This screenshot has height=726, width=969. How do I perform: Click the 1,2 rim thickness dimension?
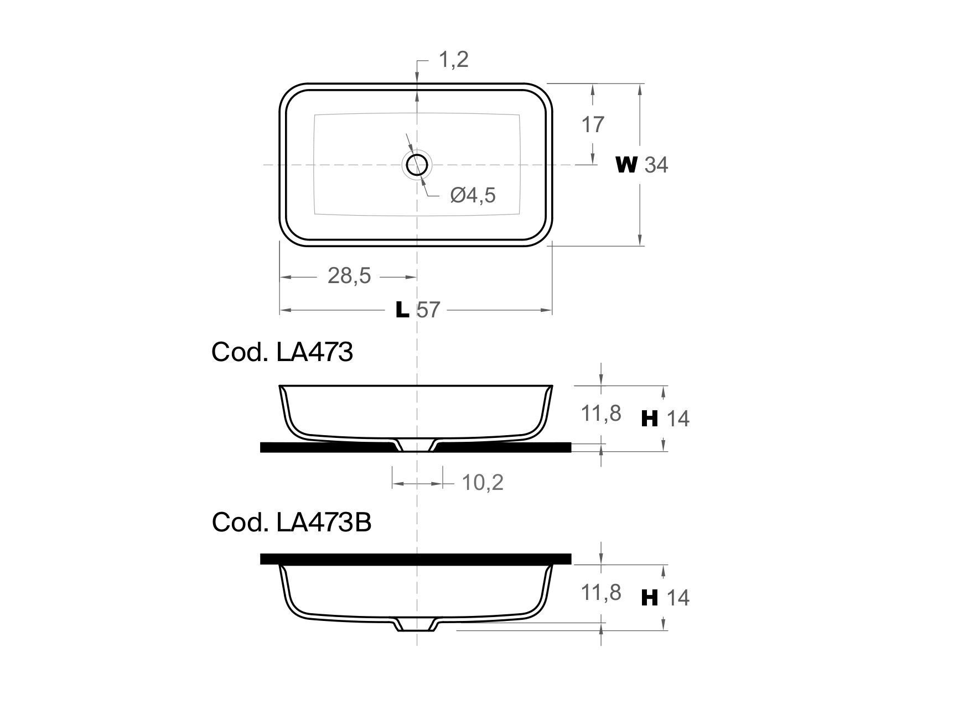point(453,59)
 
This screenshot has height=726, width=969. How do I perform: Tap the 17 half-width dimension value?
point(592,125)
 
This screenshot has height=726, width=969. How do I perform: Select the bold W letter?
point(626,164)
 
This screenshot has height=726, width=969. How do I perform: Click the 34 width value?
point(656,165)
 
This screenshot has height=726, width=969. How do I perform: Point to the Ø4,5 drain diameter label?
point(473,195)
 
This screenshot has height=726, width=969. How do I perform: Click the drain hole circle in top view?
point(417,164)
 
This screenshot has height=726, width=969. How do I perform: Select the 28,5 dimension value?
point(349,275)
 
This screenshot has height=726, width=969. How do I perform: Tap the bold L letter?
point(402,310)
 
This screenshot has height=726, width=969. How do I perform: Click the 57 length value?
point(428,310)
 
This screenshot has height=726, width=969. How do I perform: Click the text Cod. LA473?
point(282,352)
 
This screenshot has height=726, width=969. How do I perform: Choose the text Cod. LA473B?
point(291,522)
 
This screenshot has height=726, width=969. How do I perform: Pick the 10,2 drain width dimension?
point(483,483)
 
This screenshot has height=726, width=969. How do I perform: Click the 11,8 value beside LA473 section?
point(600,413)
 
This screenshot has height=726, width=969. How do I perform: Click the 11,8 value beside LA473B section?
point(600,592)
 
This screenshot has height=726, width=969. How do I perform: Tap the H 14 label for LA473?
point(665,419)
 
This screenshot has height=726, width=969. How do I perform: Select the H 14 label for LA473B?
point(665,598)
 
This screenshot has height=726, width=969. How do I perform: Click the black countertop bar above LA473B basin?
point(415,558)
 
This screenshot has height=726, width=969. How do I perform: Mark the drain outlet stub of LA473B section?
point(417,625)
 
